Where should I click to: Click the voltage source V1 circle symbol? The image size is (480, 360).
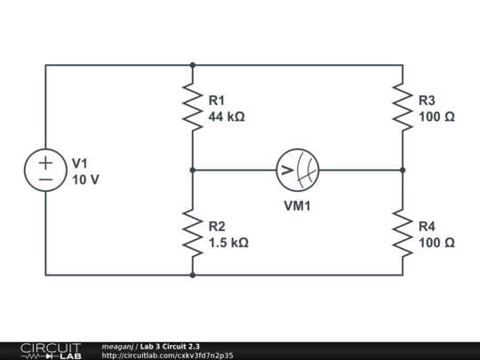tap(46, 170)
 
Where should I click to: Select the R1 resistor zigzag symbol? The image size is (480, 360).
tap(192, 107)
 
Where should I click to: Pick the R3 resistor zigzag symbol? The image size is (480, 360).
tap(403, 107)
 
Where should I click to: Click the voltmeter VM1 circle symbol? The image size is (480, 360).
tap(298, 170)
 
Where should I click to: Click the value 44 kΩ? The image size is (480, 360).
tap(227, 116)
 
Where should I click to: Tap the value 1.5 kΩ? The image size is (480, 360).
tap(228, 243)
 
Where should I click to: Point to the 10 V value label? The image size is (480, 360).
tap(85, 179)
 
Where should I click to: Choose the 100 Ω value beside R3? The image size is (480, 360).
tap(437, 116)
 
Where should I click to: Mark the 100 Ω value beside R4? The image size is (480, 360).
tap(437, 243)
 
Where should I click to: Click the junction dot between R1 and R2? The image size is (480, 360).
tap(192, 170)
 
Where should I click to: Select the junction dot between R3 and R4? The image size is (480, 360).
tap(403, 170)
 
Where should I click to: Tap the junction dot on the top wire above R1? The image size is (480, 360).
tap(192, 65)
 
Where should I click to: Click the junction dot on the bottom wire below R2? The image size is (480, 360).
tap(192, 275)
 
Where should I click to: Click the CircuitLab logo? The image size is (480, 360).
tap(50, 350)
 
